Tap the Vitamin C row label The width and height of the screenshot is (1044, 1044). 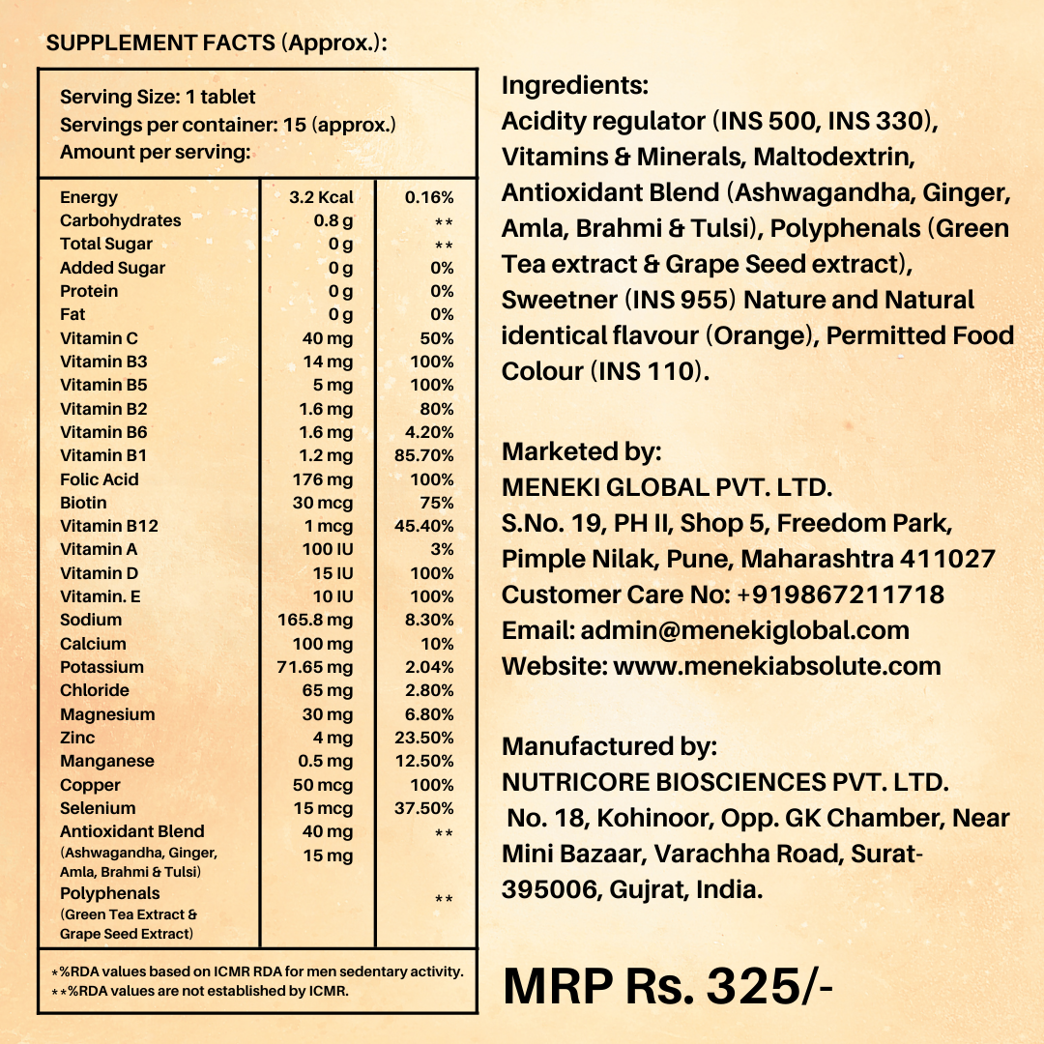click(x=99, y=338)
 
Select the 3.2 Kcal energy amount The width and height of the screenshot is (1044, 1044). click(x=322, y=197)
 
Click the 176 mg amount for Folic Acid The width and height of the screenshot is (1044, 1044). click(x=323, y=479)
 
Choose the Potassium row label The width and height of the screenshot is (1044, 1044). click(x=101, y=667)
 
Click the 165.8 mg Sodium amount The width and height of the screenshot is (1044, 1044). click(x=315, y=620)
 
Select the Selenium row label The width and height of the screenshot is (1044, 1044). click(x=98, y=808)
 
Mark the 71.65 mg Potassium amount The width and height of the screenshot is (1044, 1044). click(x=315, y=667)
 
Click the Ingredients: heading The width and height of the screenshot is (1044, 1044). click(x=575, y=85)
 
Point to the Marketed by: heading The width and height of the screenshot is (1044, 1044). click(x=582, y=451)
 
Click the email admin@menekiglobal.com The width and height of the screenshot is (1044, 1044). click(x=744, y=630)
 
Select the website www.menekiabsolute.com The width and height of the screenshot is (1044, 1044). click(x=777, y=666)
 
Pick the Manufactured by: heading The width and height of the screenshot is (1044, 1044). click(x=609, y=746)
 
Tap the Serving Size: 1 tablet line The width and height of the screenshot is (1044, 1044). click(x=158, y=97)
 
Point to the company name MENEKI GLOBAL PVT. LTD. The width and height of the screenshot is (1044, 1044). click(x=667, y=487)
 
